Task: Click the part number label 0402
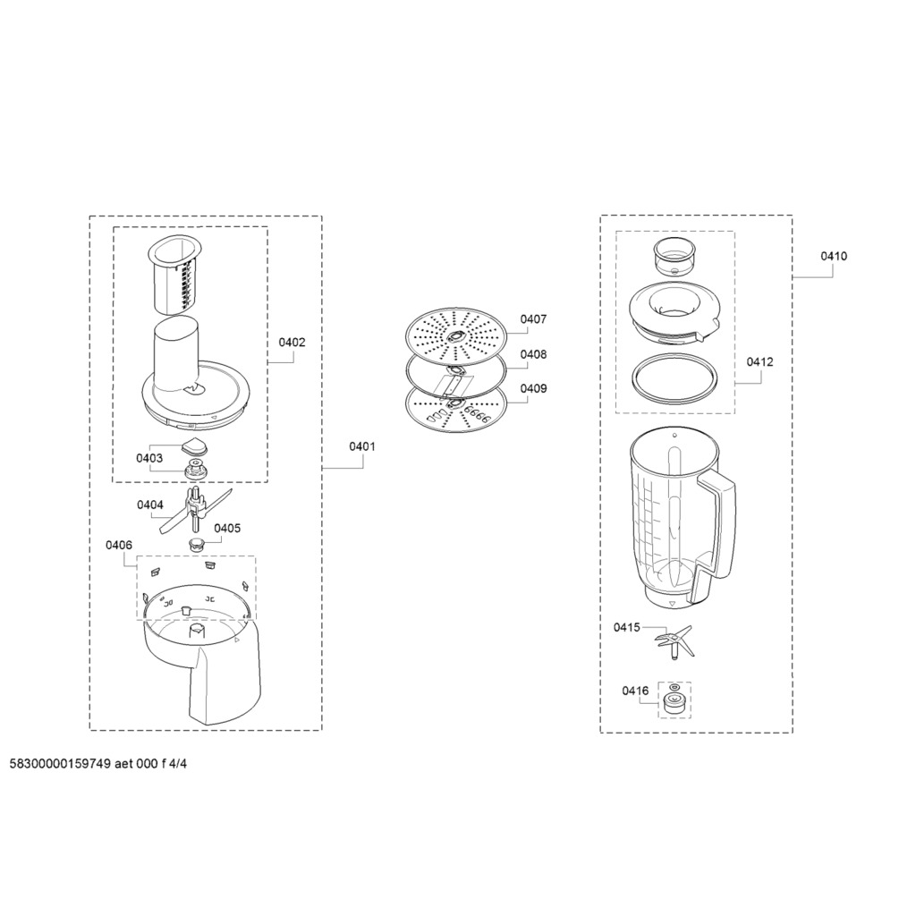[292, 343]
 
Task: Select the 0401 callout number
[362, 447]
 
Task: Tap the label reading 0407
[533, 319]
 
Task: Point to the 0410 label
[834, 256]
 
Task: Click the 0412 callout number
[759, 362]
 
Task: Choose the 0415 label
[627, 627]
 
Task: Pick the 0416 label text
[635, 691]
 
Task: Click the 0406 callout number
[119, 545]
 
